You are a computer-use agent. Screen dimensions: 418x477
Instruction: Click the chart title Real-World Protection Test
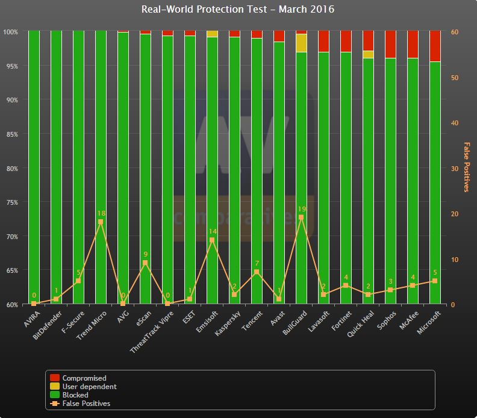tap(237, 9)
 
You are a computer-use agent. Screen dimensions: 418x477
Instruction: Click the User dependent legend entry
tap(89, 387)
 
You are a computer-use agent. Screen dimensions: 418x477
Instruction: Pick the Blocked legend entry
tap(75, 395)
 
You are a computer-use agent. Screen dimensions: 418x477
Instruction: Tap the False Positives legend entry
tap(86, 404)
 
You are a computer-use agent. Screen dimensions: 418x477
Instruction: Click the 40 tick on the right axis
tap(455, 123)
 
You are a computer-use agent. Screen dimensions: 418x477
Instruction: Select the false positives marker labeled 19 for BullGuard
tap(301, 217)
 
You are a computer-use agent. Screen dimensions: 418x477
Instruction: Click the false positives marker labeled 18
tap(101, 222)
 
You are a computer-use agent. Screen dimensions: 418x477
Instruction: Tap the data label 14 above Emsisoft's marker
tap(212, 231)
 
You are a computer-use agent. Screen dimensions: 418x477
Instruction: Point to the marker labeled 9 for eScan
tap(145, 263)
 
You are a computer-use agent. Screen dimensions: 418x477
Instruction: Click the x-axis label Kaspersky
tap(229, 325)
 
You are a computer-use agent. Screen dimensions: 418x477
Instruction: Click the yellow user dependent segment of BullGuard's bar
tap(301, 43)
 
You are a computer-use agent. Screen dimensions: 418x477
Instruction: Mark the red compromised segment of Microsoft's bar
tap(435, 46)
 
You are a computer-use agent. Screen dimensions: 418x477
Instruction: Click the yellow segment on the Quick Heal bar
tap(368, 54)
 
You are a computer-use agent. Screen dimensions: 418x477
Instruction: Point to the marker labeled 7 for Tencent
tap(257, 272)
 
